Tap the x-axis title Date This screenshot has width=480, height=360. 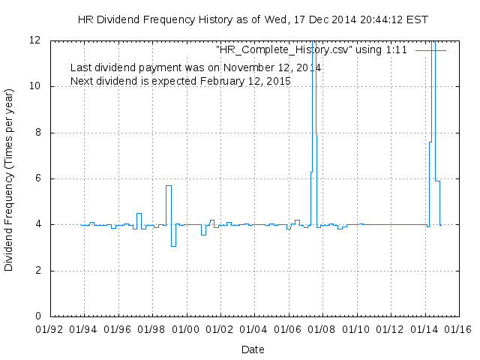253,349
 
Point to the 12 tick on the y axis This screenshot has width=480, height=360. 35,40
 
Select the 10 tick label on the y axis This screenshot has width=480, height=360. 35,86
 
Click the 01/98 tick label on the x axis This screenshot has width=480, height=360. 151,328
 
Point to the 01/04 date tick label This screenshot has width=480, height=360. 254,328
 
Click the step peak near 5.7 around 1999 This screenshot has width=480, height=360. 169,185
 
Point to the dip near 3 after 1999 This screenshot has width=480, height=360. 173,246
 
